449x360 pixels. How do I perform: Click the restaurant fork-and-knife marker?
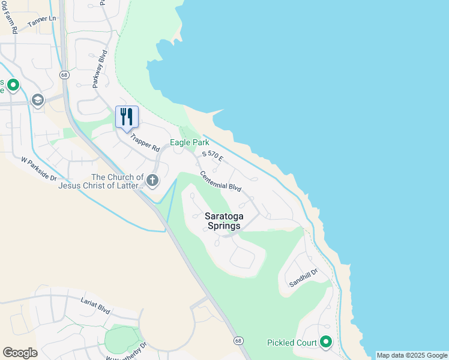point(127,116)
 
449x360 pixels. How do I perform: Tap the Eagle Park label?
point(189,143)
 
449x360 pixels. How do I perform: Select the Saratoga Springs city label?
point(223,221)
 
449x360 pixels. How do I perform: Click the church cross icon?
point(152,180)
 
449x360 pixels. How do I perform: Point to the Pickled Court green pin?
point(326,342)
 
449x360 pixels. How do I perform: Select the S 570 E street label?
point(212,157)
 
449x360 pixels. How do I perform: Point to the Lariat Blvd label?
point(95,305)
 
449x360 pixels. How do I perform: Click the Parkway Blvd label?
point(100,70)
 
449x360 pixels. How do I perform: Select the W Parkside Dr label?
point(38,169)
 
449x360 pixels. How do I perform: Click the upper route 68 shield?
point(64,74)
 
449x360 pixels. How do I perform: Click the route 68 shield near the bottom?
point(238,340)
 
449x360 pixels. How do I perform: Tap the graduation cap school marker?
point(38,100)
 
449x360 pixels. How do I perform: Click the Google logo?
point(20,353)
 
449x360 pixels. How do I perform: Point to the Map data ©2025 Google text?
point(412,355)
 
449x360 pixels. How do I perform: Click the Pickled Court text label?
point(292,343)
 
